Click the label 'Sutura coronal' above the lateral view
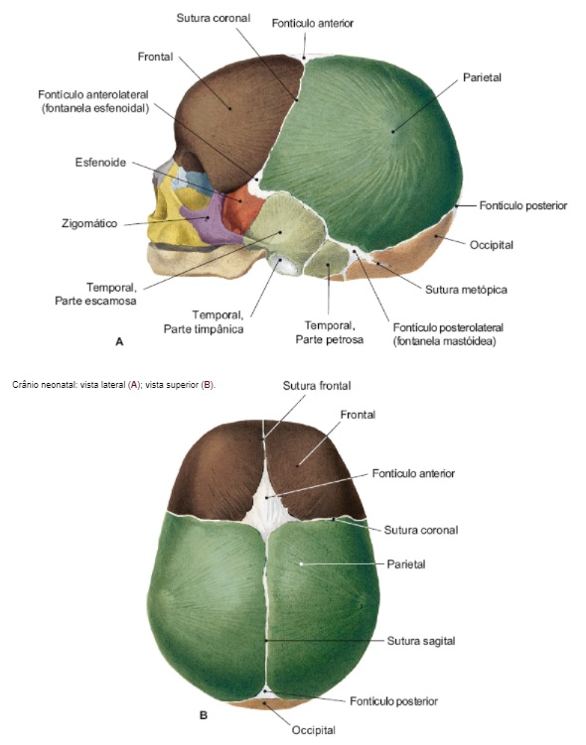click(214, 18)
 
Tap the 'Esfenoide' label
click(100, 163)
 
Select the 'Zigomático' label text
click(89, 223)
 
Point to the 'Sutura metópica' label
click(466, 290)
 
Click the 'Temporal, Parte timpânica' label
click(204, 321)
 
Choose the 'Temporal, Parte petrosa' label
click(329, 332)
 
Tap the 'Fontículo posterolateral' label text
click(448, 327)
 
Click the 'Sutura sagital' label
click(421, 641)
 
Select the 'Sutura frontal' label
click(317, 386)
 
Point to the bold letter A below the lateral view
click(119, 341)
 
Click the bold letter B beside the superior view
click(204, 715)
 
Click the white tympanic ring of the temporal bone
click(283, 265)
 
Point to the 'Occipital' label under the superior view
click(314, 730)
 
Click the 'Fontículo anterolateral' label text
click(93, 94)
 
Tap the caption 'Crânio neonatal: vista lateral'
click(70, 385)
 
